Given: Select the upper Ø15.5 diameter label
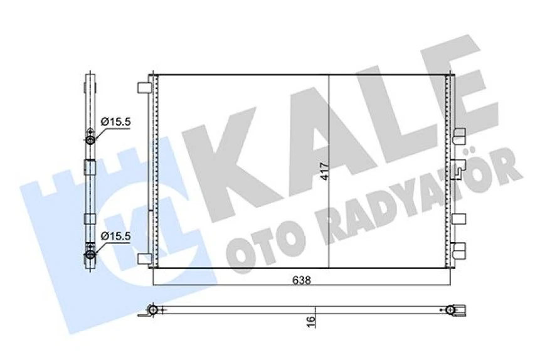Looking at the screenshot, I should point(115,122).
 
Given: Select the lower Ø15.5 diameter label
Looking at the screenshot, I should point(115,236).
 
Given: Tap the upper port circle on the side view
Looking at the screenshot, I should point(90,140).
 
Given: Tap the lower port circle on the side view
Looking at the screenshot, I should point(90,254).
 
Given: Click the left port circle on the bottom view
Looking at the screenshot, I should point(152,309).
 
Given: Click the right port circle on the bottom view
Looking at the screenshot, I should point(450,309).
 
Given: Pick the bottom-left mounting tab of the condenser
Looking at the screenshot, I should point(144,258).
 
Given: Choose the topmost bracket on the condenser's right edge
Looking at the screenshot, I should point(460,133).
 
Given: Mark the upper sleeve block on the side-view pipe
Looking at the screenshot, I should point(90,167).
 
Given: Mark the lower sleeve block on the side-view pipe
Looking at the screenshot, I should point(90,220).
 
